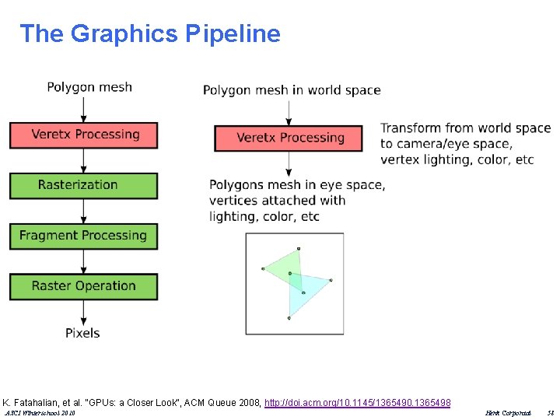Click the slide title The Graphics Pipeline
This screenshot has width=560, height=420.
pyautogui.click(x=149, y=33)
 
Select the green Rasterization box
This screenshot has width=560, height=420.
pyautogui.click(x=83, y=185)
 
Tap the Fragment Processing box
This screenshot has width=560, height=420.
pyautogui.click(x=83, y=236)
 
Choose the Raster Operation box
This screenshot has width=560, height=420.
pyautogui.click(x=83, y=286)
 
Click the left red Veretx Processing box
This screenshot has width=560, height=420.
pyautogui.click(x=83, y=135)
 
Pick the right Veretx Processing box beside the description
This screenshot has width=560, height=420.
pyautogui.click(x=289, y=138)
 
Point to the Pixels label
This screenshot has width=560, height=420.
pyautogui.click(x=82, y=333)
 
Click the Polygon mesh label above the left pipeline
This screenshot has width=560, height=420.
pyautogui.click(x=89, y=86)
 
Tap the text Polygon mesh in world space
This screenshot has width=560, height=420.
pyautogui.click(x=292, y=90)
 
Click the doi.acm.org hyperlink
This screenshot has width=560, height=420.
pyautogui.click(x=357, y=402)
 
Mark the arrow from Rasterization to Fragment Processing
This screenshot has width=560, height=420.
pyautogui.click(x=83, y=211)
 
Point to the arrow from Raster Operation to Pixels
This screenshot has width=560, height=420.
pyautogui.click(x=83, y=312)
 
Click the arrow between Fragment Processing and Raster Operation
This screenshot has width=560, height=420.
pyautogui.click(x=83, y=261)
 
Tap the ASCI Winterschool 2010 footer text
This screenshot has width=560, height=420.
pyautogui.click(x=40, y=414)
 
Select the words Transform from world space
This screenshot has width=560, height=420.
pyautogui.click(x=465, y=128)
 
